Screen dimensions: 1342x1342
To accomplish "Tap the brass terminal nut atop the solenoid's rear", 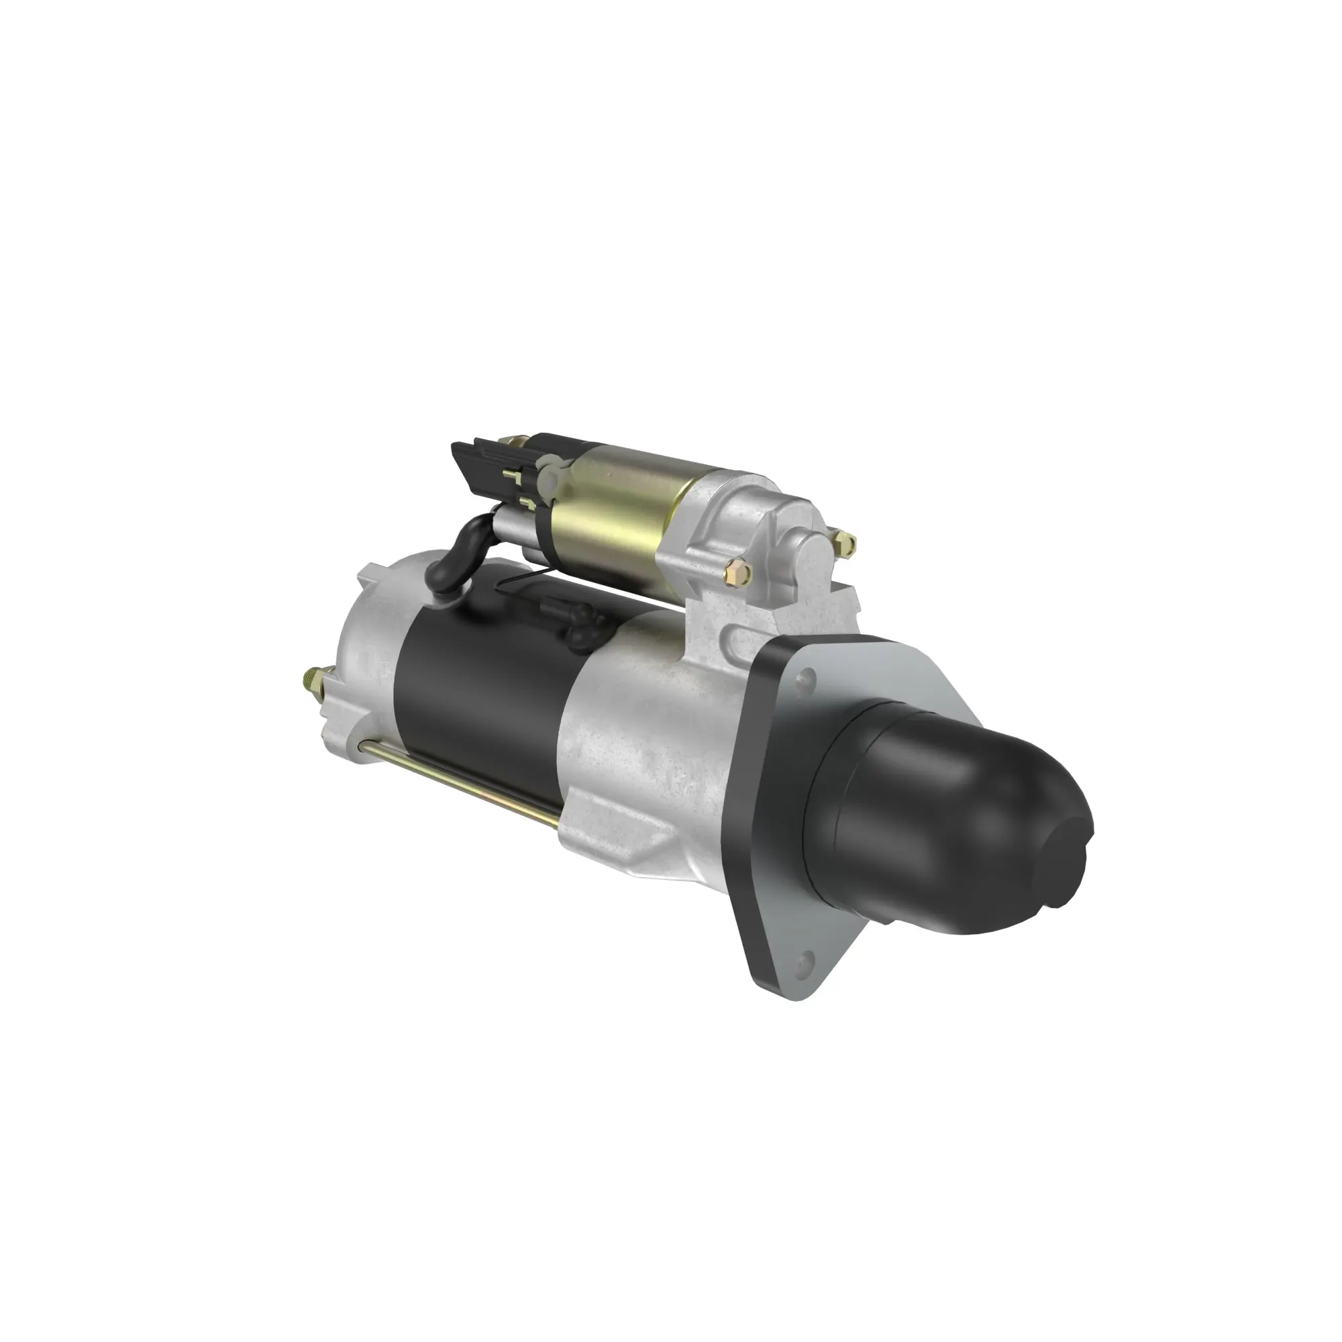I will click(x=515, y=442).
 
